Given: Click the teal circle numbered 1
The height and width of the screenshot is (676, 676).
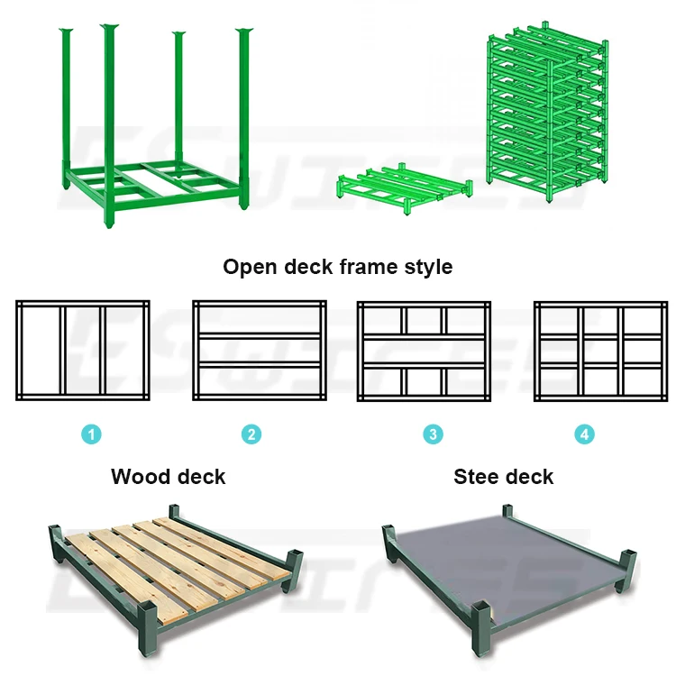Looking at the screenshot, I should (91, 434).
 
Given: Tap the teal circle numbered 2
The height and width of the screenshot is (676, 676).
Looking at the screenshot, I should (251, 434).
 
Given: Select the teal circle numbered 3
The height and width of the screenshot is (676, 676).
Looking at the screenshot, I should (434, 434).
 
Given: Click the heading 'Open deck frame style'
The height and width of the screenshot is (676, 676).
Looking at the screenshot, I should (338, 267).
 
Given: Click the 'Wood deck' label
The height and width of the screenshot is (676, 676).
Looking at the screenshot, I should (169, 476).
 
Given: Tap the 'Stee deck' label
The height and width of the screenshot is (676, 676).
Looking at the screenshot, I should (504, 476).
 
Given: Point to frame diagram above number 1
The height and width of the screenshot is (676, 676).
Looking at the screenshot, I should (82, 350).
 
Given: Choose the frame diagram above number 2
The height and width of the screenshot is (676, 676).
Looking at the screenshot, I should (259, 350).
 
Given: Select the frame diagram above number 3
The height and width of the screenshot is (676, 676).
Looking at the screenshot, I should (424, 350).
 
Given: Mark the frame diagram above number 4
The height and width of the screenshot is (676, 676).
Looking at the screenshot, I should (600, 350).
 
